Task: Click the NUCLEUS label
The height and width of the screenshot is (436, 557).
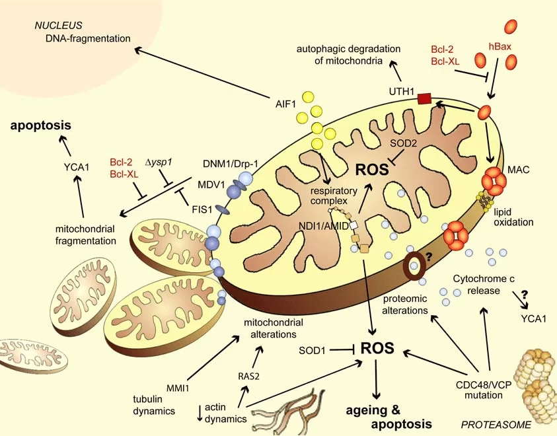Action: (x=58, y=25)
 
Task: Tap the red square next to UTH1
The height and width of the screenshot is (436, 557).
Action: (x=424, y=100)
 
